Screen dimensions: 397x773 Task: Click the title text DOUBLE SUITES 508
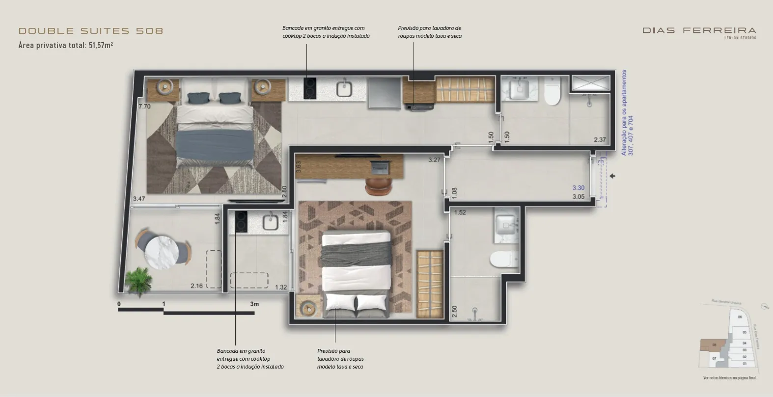coord(91,31)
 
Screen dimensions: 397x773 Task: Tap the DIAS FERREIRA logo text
coord(699,30)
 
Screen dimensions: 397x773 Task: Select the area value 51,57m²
coord(101,45)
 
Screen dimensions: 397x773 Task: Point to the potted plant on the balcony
coord(138,281)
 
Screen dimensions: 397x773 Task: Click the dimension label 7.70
coord(144,106)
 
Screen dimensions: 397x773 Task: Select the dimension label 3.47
coord(139,199)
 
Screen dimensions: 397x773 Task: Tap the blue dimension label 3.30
coord(578,187)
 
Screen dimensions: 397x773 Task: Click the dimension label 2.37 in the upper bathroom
coord(600,140)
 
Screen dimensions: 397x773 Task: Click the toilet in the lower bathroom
coord(504,259)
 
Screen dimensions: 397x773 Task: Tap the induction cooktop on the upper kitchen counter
coord(309,88)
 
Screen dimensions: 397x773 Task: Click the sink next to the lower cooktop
coord(271,222)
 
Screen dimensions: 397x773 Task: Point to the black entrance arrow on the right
coord(612,176)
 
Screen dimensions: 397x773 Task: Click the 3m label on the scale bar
coord(254,304)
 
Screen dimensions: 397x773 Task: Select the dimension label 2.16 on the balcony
coord(196,286)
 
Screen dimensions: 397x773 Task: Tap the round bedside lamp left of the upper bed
coord(164,87)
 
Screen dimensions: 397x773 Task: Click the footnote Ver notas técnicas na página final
coord(730,378)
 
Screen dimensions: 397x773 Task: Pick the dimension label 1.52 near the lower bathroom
coord(460,212)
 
